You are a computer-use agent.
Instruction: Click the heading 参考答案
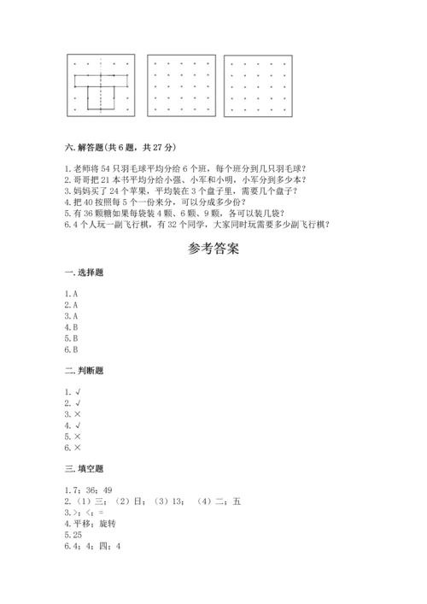[x=213, y=250]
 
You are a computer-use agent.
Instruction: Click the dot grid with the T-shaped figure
[x=102, y=85]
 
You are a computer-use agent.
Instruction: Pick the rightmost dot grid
[x=257, y=87]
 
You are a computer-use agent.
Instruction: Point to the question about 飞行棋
[x=196, y=225]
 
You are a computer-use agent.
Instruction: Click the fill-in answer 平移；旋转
[x=95, y=525]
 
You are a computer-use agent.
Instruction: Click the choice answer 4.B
[x=71, y=326]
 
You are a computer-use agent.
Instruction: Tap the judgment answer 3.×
[x=72, y=413]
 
